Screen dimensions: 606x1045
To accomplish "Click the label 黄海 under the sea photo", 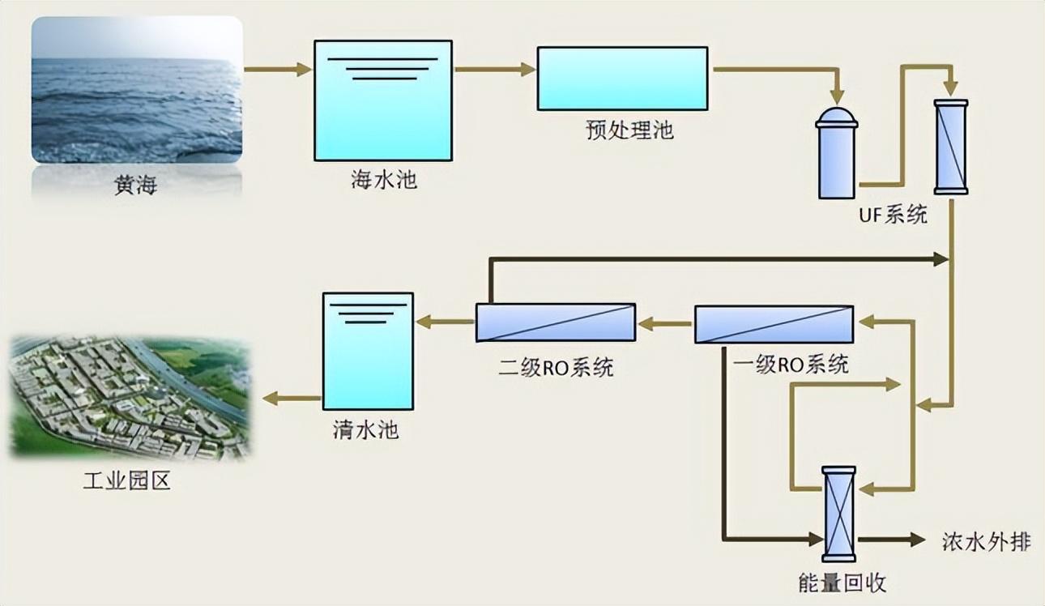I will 135,186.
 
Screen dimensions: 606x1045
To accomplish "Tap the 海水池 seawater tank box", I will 383,100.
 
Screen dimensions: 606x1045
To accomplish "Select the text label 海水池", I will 383,179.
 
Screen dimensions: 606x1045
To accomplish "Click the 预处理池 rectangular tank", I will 622,79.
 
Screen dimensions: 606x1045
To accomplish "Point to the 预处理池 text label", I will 629,130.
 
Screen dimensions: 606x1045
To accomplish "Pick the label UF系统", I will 894,215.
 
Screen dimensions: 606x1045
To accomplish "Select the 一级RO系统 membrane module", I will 774,324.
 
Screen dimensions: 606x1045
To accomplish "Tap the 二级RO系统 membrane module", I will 555,322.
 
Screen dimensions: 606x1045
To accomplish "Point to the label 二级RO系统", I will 556,367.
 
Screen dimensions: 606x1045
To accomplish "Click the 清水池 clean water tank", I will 368,351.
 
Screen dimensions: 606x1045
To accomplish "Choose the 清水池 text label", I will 365,429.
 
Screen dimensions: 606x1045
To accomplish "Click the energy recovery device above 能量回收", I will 838,514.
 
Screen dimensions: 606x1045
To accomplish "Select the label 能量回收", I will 842,582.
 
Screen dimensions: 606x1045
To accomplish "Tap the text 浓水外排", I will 987,541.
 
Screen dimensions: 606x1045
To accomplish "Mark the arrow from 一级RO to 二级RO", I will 665,326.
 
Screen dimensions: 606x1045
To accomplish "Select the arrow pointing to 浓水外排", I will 891,539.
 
